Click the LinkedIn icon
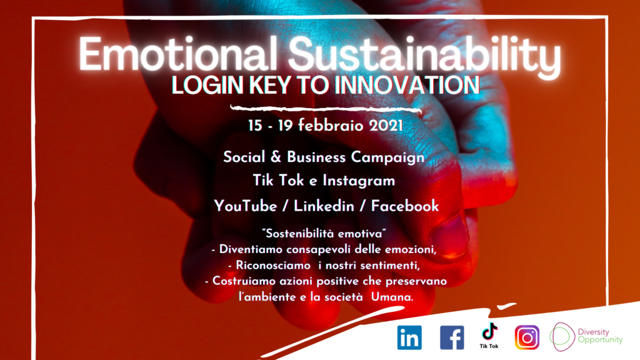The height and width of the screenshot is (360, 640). [409, 337]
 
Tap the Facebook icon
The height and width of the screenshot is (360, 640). [452, 337]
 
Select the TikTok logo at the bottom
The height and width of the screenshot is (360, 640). [489, 336]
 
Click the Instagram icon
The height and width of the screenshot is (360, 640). [527, 337]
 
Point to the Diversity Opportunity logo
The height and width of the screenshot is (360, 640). [586, 337]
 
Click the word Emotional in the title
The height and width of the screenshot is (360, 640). [178, 54]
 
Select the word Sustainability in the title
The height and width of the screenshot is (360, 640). [424, 56]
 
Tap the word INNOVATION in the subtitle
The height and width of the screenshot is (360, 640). [407, 85]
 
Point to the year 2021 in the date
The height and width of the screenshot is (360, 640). [386, 126]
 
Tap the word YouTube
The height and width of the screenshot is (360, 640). [245, 206]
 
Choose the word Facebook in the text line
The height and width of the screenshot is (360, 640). [404, 206]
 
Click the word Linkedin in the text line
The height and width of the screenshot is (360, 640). [324, 206]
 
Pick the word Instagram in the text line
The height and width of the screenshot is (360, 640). [359, 181]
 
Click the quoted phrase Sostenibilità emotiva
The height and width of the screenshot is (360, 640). [324, 234]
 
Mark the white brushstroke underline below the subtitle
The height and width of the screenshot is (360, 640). [326, 109]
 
